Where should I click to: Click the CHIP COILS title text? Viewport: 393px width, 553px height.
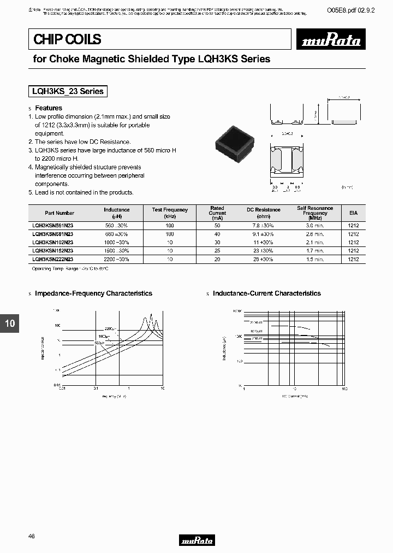click(x=67, y=39)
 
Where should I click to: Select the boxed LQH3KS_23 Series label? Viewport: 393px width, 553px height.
click(x=68, y=91)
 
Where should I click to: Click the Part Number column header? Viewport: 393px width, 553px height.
click(x=60, y=213)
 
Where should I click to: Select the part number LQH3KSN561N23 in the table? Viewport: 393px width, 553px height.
click(x=53, y=225)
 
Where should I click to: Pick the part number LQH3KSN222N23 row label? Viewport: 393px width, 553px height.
click(x=53, y=259)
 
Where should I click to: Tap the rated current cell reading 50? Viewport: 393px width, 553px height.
click(x=217, y=225)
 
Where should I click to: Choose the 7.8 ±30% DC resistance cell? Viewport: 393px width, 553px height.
click(x=263, y=225)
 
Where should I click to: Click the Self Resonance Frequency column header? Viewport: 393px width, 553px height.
click(x=315, y=213)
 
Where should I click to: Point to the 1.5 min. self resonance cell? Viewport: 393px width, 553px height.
click(x=315, y=259)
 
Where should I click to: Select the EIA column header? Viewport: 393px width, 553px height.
click(x=353, y=213)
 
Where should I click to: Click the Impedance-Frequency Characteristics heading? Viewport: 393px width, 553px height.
click(x=93, y=293)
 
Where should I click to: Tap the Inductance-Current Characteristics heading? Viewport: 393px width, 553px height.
click(x=266, y=293)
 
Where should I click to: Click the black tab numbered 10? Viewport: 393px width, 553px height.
click(x=10, y=323)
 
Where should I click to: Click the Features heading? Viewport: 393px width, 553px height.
click(x=49, y=108)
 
